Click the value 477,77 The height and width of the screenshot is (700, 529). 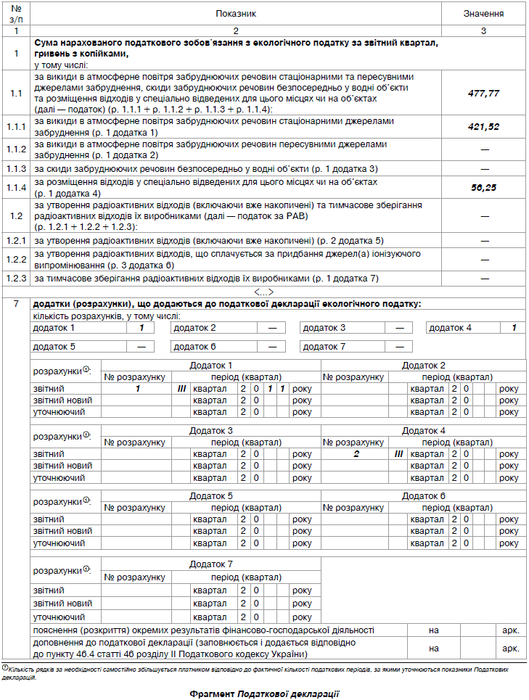[x=484, y=94]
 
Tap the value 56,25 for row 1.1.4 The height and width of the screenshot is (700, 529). [x=484, y=186]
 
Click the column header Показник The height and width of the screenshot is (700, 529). [x=236, y=14]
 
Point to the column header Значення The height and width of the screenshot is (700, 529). [x=484, y=14]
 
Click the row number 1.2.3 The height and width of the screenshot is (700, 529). [x=16, y=279]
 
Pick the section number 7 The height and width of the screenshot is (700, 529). [x=16, y=304]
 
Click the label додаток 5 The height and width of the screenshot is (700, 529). [x=54, y=346]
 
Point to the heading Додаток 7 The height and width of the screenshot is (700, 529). [x=211, y=563]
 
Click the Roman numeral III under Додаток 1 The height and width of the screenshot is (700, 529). [x=182, y=389]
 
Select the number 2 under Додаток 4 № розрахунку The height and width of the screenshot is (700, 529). [x=356, y=454]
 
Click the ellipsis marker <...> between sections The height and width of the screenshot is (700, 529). [x=265, y=292]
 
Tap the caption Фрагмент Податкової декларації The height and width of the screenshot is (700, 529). [x=265, y=693]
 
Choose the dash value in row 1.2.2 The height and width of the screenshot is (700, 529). [x=484, y=259]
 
